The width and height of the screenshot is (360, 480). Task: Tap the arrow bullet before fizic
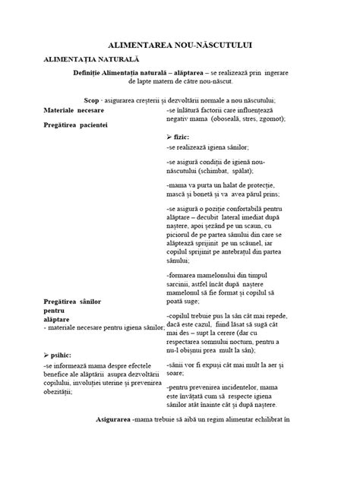pyautogui.click(x=169, y=136)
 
